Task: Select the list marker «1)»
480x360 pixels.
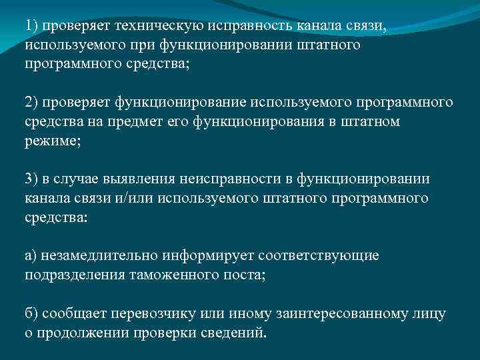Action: [33, 26]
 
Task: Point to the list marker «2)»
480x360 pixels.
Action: [33, 103]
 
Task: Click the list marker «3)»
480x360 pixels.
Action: [33, 179]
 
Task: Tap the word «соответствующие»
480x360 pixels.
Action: [313, 256]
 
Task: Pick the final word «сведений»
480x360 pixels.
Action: [234, 333]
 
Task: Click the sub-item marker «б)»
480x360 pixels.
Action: [33, 313]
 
